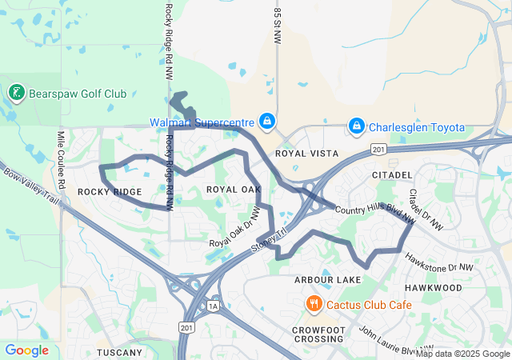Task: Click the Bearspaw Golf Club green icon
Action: tap(16, 94)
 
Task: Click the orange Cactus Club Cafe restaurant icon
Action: tap(314, 304)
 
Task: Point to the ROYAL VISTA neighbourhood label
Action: tap(306, 153)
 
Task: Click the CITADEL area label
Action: tap(392, 174)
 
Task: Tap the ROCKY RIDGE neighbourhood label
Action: tap(110, 192)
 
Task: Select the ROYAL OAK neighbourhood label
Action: tap(234, 190)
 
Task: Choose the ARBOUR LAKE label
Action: tap(328, 279)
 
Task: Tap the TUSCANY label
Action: tap(119, 352)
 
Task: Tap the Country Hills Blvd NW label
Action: tap(375, 210)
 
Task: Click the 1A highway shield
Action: tap(213, 305)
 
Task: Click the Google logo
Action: tap(26, 350)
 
